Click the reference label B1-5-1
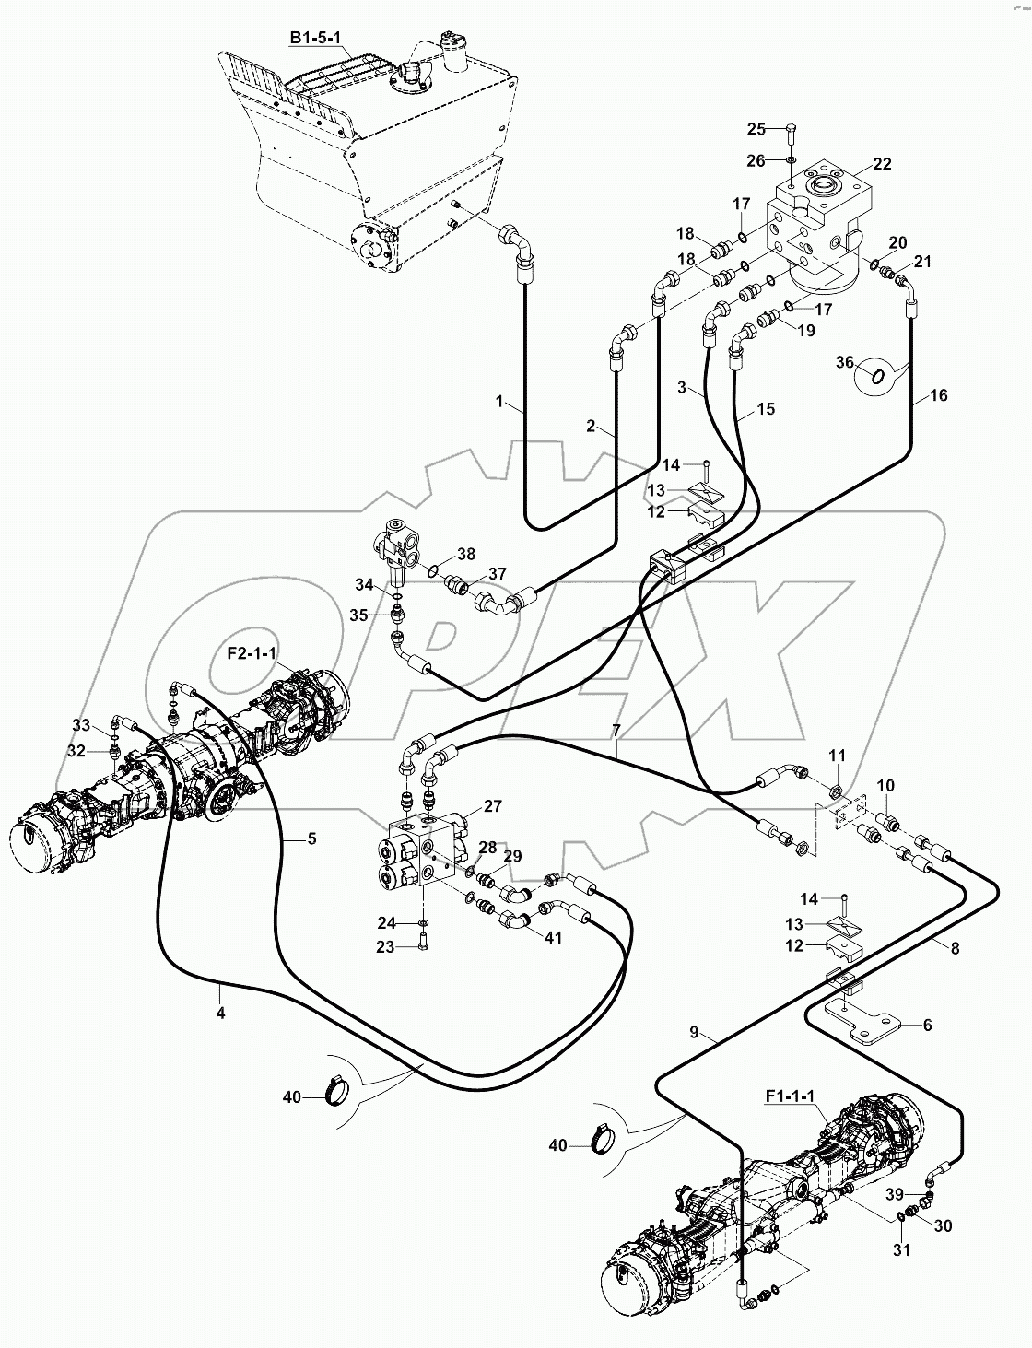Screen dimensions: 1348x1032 [x=316, y=38]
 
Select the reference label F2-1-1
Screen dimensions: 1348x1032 [x=252, y=652]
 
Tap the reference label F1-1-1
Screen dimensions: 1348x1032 [x=790, y=1096]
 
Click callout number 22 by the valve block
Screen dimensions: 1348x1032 [x=882, y=164]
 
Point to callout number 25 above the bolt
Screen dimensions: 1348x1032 [x=756, y=128]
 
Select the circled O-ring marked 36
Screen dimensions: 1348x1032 [x=878, y=375]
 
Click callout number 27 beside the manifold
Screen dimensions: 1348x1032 [x=492, y=806]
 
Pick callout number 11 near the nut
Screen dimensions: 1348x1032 [x=836, y=755]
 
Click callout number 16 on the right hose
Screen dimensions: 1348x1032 [x=937, y=395]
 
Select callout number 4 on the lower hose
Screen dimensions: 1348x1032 [x=220, y=1013]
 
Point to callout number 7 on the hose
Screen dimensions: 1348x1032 [x=616, y=731]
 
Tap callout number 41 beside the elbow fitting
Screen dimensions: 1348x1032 [x=552, y=939]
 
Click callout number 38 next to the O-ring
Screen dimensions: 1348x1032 [x=466, y=554]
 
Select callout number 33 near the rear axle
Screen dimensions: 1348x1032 [x=81, y=725]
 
